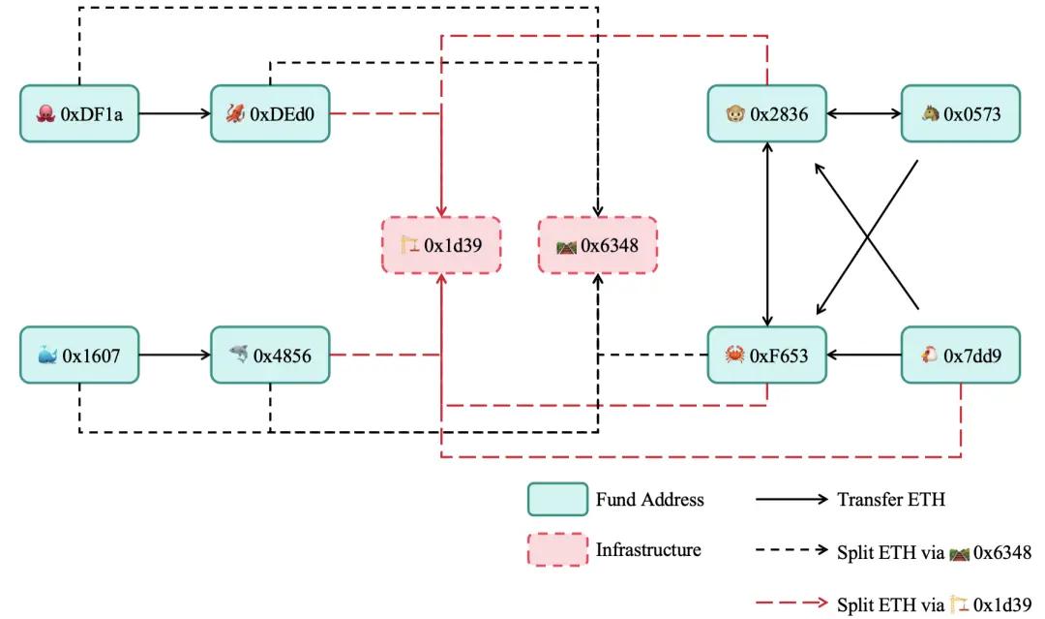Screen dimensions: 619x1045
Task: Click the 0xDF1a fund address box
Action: (79, 113)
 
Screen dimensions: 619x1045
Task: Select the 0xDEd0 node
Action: (270, 113)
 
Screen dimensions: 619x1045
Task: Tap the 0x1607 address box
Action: (79, 356)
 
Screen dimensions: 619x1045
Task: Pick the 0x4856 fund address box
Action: (270, 356)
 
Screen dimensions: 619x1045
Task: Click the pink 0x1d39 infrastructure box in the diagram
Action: (442, 245)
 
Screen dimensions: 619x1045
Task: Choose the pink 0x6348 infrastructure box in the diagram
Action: (598, 245)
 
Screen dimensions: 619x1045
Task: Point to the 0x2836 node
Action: (767, 113)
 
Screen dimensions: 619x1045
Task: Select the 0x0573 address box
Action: (960, 113)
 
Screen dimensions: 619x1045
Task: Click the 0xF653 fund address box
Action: (767, 356)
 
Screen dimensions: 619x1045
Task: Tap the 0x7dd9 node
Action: (960, 356)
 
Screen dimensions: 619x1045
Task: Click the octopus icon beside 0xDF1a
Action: (45, 114)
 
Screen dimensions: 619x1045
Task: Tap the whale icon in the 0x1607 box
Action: (46, 356)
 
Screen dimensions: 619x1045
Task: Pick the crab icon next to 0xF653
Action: (734, 356)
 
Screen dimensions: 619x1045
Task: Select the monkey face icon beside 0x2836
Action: (734, 114)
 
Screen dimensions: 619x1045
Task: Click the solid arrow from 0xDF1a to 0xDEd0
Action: (174, 113)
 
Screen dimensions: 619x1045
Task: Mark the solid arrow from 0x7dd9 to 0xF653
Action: (864, 356)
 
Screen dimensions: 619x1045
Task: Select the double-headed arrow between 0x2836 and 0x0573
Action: (864, 113)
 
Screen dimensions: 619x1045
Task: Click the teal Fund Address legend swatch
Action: (557, 500)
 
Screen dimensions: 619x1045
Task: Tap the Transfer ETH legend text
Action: (890, 500)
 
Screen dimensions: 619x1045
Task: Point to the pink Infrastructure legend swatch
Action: (557, 550)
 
